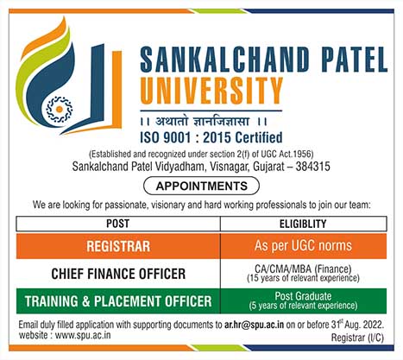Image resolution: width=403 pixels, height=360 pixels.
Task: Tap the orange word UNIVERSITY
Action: point(211,91)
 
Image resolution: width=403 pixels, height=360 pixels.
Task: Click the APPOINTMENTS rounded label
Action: point(201,186)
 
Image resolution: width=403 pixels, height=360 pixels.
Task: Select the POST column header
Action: point(118,224)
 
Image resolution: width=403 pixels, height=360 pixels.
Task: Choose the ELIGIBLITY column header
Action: point(303,224)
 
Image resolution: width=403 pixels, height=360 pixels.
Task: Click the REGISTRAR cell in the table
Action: point(118,246)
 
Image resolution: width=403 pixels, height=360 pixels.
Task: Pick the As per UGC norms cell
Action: point(304,246)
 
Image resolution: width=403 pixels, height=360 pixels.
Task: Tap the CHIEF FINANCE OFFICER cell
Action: point(118,274)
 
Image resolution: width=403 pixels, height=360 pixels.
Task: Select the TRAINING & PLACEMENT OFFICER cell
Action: point(118,301)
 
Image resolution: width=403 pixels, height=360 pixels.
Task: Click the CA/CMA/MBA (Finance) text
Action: point(303,268)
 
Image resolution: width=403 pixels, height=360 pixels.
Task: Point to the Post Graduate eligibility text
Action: point(303,296)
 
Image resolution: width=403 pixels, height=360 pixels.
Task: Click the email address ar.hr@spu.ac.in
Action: point(254,325)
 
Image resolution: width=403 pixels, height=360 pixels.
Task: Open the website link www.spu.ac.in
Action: point(83,335)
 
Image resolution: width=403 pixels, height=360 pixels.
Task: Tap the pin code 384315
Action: point(312,167)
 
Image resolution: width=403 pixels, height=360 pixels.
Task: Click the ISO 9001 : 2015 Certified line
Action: point(211,137)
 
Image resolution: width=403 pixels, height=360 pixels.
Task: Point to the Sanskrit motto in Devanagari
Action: point(204,122)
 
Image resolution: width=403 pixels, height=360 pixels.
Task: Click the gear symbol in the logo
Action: point(59,110)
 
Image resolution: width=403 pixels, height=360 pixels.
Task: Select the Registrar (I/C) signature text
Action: point(357,338)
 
